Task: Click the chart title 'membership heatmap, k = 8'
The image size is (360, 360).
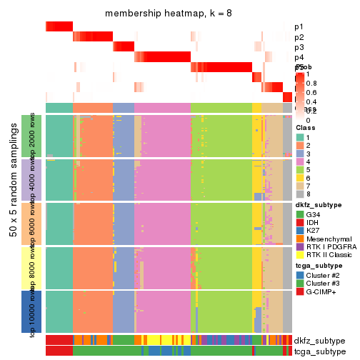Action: (x=169, y=14)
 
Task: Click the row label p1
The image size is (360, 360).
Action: (x=298, y=27)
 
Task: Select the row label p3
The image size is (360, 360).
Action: (x=298, y=47)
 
